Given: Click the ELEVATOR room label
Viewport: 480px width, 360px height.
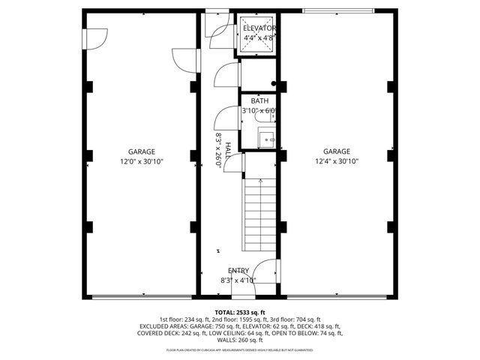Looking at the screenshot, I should click(x=259, y=28).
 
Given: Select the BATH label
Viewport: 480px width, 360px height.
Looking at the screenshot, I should click(x=259, y=101).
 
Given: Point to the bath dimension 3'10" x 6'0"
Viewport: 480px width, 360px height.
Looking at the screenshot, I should click(x=259, y=111).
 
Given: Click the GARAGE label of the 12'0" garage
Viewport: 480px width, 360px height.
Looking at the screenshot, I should click(x=141, y=151).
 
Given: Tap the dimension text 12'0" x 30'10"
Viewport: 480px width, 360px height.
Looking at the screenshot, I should click(x=141, y=161).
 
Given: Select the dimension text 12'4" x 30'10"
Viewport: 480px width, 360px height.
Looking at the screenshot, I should click(x=337, y=161).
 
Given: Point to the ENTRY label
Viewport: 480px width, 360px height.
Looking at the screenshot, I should click(x=238, y=271).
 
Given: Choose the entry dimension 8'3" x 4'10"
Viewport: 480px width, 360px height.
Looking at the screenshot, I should click(x=238, y=280).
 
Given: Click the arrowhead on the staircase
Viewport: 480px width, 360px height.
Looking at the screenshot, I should click(x=259, y=181).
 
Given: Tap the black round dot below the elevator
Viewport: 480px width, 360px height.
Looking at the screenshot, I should click(x=274, y=84).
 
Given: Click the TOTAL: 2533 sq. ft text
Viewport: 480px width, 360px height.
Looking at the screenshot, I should click(x=239, y=313).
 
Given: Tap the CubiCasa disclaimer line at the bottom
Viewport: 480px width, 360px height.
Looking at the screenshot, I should click(x=239, y=349).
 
